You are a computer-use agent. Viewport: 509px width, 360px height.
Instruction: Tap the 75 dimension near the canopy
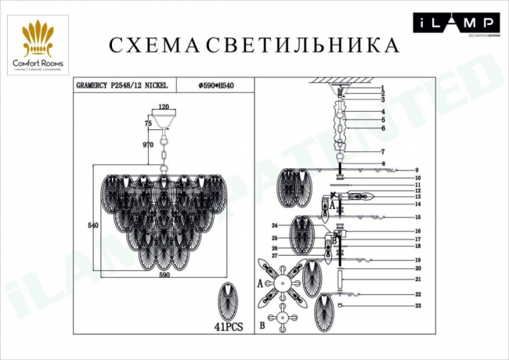coord(147,124)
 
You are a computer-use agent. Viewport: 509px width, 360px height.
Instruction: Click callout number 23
coord(418,306)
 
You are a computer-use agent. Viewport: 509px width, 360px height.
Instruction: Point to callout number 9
coord(418,171)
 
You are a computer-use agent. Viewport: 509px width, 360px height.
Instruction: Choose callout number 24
coord(275,225)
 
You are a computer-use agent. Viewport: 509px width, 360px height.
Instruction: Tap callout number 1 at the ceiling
coord(383,88)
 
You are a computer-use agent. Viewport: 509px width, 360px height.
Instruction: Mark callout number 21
coord(418,279)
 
